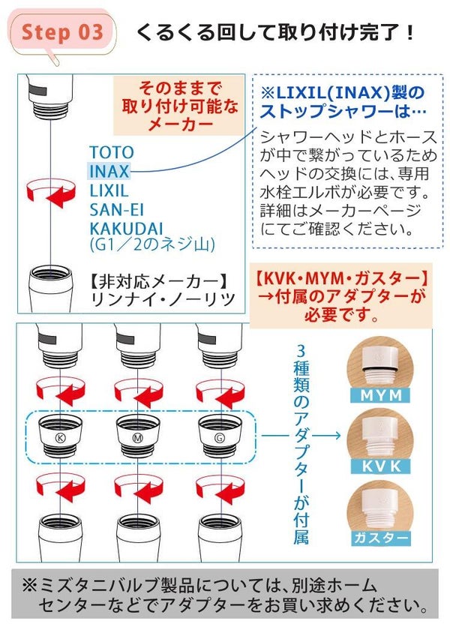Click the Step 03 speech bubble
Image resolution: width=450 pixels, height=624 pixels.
click(x=61, y=33)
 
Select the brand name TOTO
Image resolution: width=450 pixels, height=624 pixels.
click(x=112, y=152)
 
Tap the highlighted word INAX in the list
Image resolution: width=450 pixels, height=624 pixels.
click(x=109, y=172)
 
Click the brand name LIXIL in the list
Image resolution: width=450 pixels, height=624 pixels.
click(x=109, y=190)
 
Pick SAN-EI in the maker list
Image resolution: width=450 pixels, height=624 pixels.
click(x=116, y=210)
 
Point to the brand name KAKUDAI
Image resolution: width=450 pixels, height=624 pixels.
click(x=127, y=229)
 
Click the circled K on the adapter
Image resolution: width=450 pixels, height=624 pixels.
click(x=60, y=438)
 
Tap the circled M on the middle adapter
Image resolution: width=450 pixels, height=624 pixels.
click(x=137, y=438)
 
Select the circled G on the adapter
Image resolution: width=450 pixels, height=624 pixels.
click(x=219, y=438)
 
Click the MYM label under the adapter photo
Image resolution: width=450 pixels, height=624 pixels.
click(x=380, y=395)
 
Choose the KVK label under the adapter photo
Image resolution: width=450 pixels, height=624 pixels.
click(x=380, y=466)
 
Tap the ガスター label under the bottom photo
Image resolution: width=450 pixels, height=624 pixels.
click(x=380, y=538)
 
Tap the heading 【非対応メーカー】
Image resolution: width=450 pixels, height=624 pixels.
click(x=159, y=282)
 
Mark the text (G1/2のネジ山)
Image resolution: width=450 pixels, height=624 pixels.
click(x=152, y=244)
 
